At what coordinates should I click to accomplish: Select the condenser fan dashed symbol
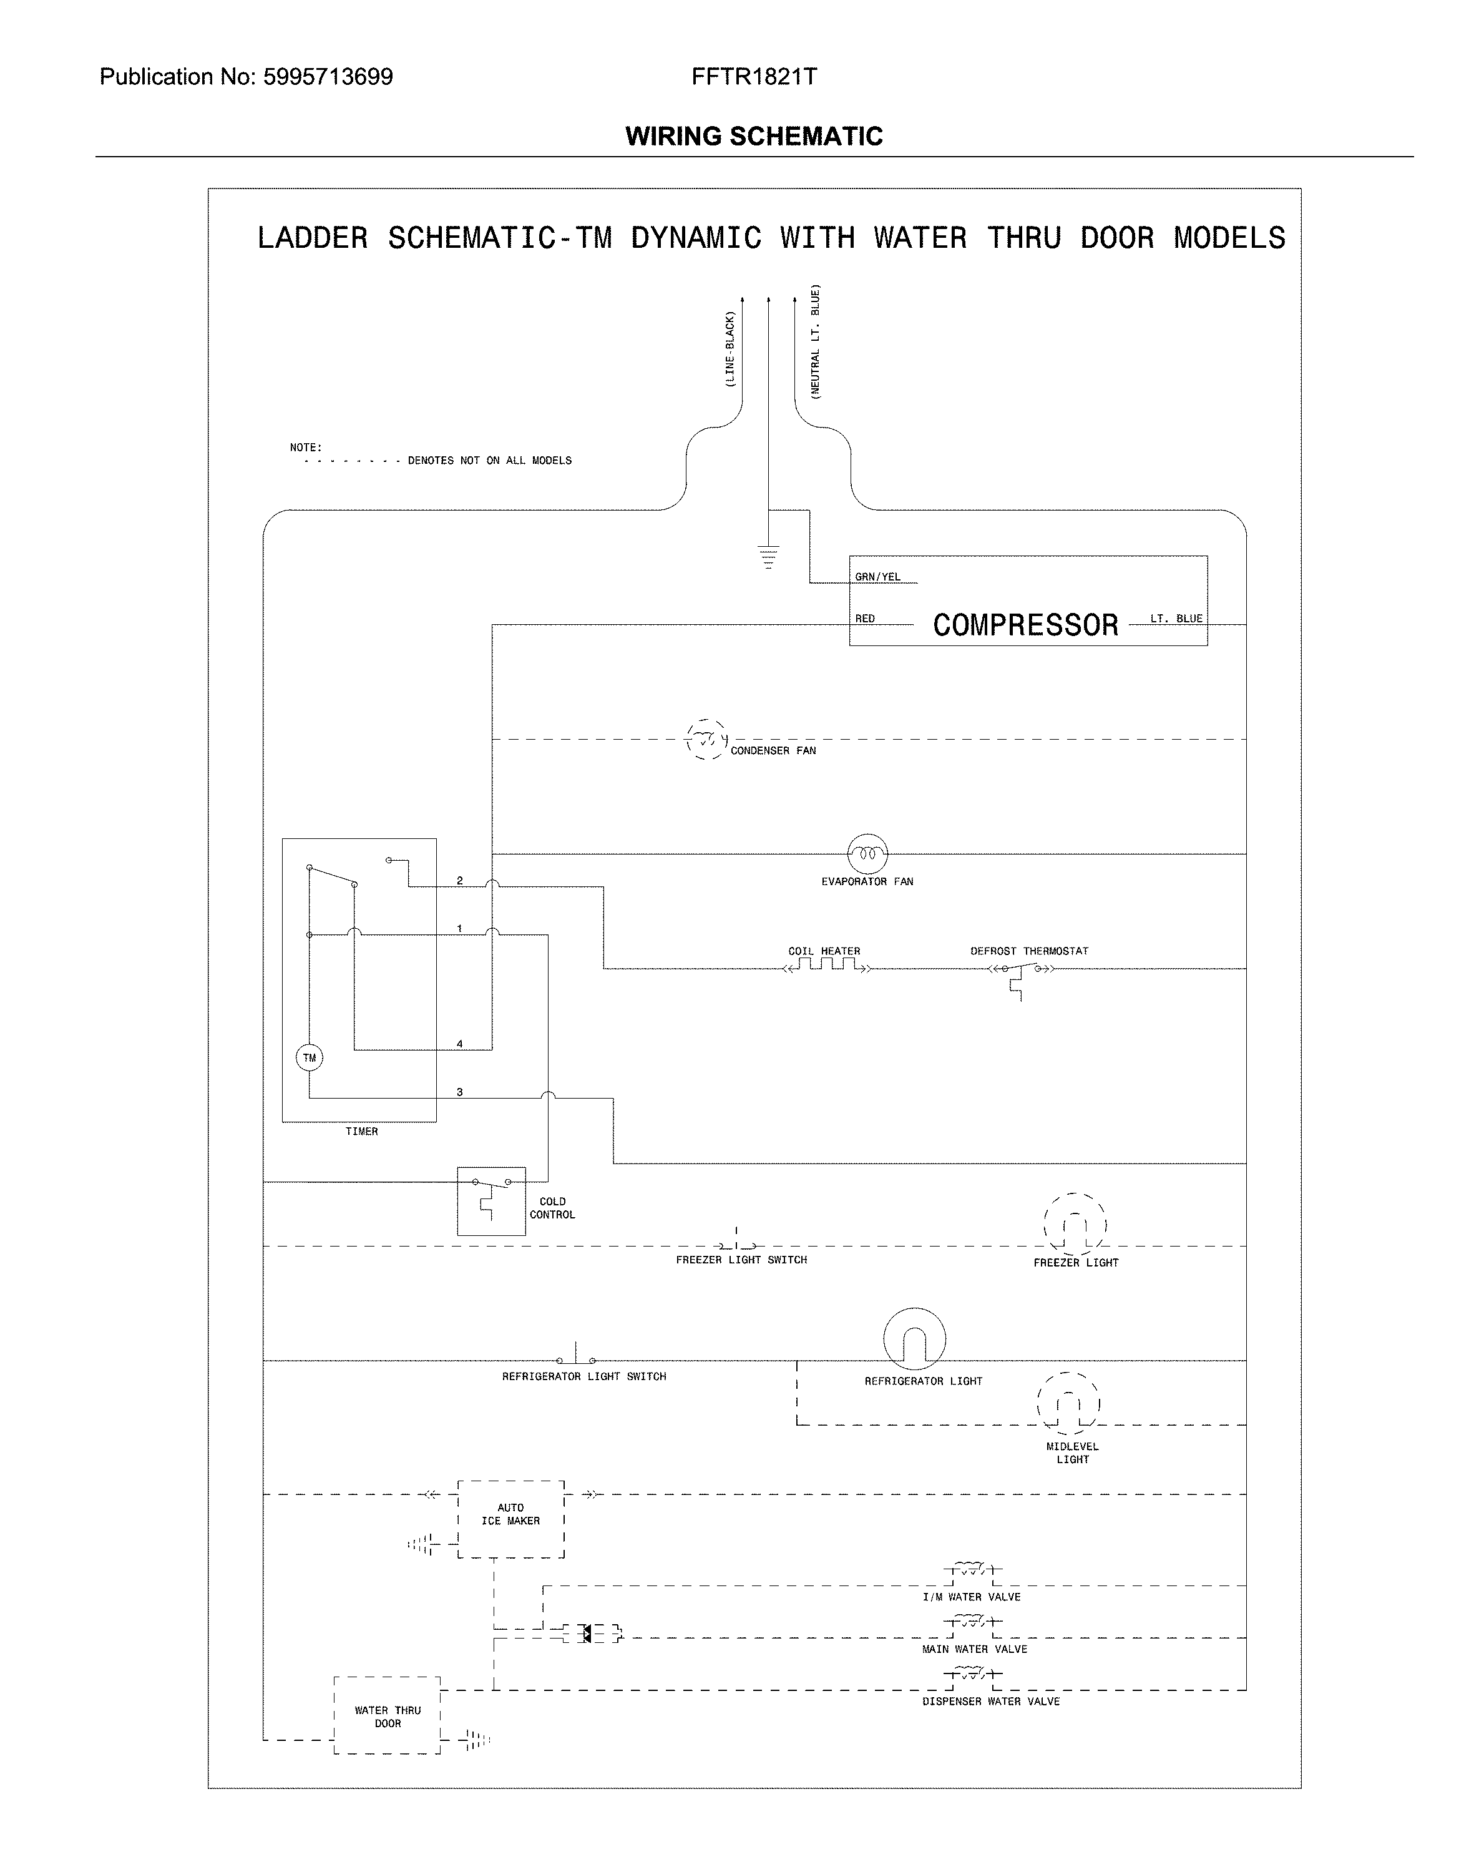(707, 739)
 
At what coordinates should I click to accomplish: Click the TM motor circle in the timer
(310, 1057)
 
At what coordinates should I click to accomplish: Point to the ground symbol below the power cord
(768, 557)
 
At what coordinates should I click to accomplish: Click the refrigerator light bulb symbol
(914, 1338)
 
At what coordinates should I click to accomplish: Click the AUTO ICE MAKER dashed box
(511, 1519)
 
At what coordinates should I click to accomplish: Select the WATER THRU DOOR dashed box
(387, 1716)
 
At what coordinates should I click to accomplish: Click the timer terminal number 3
(460, 1092)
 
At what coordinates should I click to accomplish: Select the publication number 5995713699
(328, 77)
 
